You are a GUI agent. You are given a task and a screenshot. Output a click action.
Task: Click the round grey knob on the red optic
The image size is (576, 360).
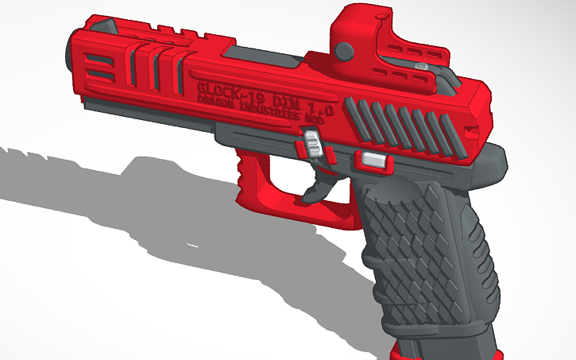click(x=344, y=51)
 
